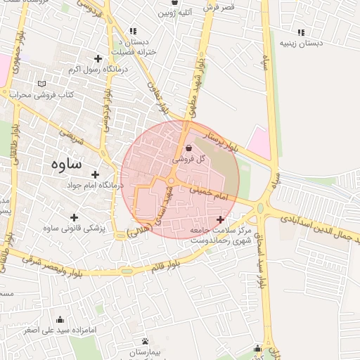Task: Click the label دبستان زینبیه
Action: point(301,43)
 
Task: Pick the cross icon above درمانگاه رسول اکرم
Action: point(97,58)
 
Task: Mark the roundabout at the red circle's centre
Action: point(171,181)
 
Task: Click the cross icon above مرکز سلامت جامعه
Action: point(220,220)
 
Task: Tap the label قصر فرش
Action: point(220,7)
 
